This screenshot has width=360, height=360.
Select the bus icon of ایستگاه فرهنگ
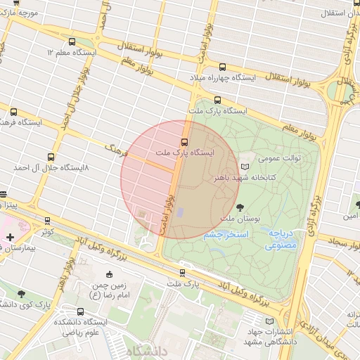(x=13, y=112)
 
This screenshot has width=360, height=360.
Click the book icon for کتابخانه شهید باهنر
(x=244, y=167)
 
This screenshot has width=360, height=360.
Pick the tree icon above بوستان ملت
(x=240, y=207)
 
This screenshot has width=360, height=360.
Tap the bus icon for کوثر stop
(x=47, y=220)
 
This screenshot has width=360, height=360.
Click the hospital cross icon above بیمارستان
(x=10, y=238)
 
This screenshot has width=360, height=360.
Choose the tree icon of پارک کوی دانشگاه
(x=20, y=294)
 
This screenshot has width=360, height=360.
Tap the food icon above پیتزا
(x=3, y=194)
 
